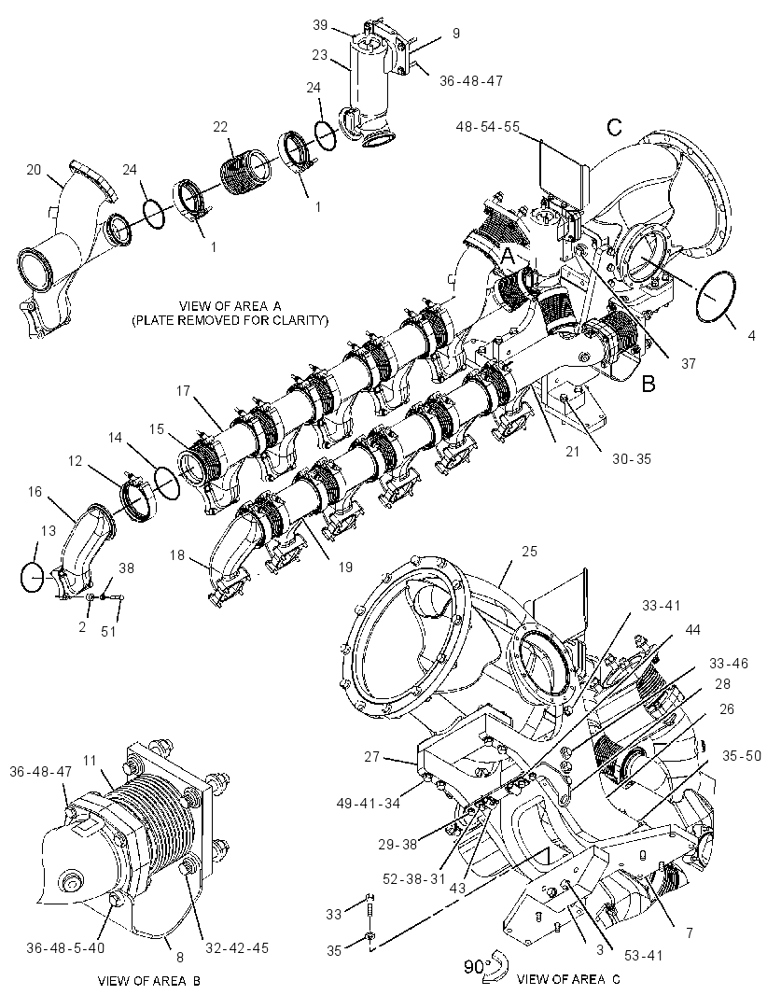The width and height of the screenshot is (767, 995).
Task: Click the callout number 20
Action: [34, 170]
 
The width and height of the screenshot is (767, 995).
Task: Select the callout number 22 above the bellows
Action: [220, 127]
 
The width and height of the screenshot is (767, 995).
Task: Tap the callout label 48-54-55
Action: [487, 127]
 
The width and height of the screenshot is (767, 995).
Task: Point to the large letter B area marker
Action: [648, 384]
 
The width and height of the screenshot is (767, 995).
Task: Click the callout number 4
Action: [751, 336]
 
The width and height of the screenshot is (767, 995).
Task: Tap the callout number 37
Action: [689, 364]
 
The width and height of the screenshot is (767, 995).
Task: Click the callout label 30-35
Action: [632, 458]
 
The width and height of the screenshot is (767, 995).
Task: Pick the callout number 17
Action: [183, 391]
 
